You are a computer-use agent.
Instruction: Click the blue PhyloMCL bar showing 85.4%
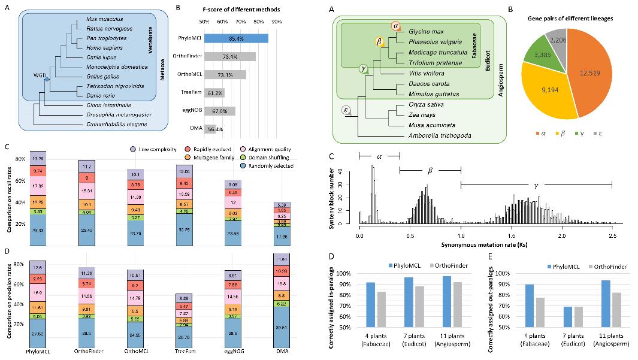coord(235,38)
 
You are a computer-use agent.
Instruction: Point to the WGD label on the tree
coord(40,76)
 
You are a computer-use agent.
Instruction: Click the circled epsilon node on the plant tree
coord(346,110)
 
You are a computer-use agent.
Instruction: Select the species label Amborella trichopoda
coord(437,136)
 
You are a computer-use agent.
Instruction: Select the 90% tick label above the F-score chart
coord(277,22)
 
